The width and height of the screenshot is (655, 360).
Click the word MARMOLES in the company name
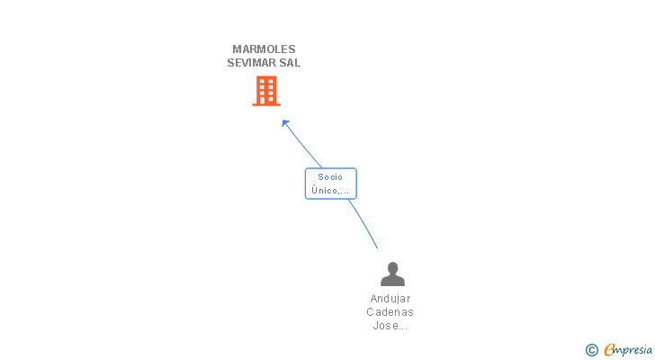(264, 49)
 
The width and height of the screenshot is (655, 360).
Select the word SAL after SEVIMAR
(290, 63)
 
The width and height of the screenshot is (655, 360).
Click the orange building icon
(265, 91)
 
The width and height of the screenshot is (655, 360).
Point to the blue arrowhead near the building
(285, 123)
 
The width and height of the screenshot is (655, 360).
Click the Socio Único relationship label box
(331, 184)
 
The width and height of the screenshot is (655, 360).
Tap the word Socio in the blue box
(330, 177)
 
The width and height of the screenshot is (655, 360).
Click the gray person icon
(392, 274)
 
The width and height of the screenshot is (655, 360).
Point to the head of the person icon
(392, 267)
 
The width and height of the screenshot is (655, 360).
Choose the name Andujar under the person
(390, 299)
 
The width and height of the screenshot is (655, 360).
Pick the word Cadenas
(390, 312)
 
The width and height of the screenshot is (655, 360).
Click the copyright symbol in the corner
(592, 350)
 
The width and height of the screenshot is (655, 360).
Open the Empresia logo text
(630, 350)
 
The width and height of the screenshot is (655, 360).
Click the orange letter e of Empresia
(610, 350)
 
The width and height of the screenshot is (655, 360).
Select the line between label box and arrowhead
(304, 147)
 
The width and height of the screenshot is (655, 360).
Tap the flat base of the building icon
(265, 104)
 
